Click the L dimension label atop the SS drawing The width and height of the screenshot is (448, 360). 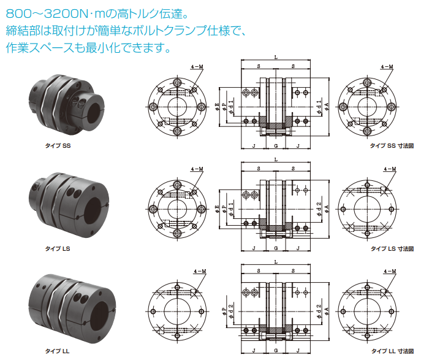(x=276, y=57)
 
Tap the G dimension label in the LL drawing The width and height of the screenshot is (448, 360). (x=276, y=351)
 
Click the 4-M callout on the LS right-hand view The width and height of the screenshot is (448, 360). (x=390, y=169)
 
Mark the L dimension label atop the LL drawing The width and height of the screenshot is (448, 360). (x=276, y=261)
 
